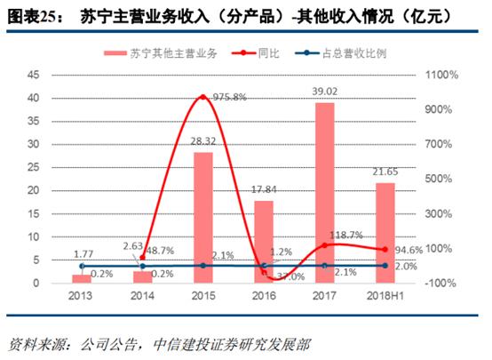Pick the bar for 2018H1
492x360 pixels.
(385, 233)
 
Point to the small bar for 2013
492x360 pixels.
(82, 278)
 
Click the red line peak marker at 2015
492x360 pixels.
(202, 96)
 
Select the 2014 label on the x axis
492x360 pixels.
(142, 298)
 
